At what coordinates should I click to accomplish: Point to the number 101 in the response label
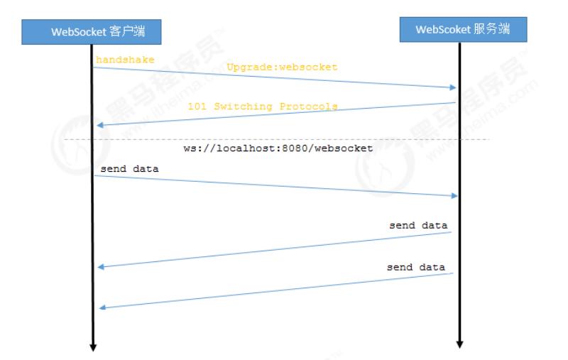pyautogui.click(x=195, y=107)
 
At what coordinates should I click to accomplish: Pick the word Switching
pyautogui.click(x=237, y=107)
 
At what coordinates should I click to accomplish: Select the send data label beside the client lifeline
pyautogui.click(x=129, y=169)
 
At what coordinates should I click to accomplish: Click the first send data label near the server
pyautogui.click(x=418, y=225)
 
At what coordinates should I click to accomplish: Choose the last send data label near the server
pyautogui.click(x=416, y=268)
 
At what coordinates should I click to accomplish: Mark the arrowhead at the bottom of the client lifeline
pyautogui.click(x=92, y=347)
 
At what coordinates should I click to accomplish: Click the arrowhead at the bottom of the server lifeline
pyautogui.click(x=459, y=344)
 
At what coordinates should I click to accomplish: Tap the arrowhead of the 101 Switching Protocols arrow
pyautogui.click(x=101, y=125)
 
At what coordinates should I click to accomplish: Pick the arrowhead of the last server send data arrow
pyautogui.click(x=101, y=307)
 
